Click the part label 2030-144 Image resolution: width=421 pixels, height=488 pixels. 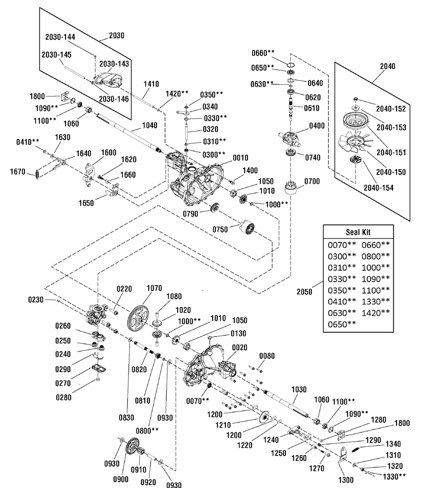coord(60,37)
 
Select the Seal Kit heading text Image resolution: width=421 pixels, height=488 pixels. coord(358,232)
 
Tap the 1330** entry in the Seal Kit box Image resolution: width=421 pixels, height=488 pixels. coord(376,302)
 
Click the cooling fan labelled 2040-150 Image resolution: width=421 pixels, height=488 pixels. coord(354,142)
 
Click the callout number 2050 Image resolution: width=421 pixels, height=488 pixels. coord(304,292)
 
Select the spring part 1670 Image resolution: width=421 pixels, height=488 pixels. coord(37,174)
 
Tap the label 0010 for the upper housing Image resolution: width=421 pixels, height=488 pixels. coord(240,158)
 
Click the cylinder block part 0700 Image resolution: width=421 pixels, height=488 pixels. coord(290,187)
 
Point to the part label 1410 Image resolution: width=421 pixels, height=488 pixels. coord(151,84)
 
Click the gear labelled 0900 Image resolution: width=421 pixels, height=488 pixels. coord(132,447)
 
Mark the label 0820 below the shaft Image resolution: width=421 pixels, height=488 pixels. coord(139,369)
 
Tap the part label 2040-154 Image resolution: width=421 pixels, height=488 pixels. coord(378,188)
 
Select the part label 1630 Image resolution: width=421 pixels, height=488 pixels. coord(62,137)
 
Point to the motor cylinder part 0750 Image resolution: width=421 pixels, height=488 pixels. coord(248,227)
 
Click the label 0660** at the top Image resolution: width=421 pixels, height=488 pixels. coord(263,53)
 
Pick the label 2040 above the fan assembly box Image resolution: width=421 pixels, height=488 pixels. coord(387,66)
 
